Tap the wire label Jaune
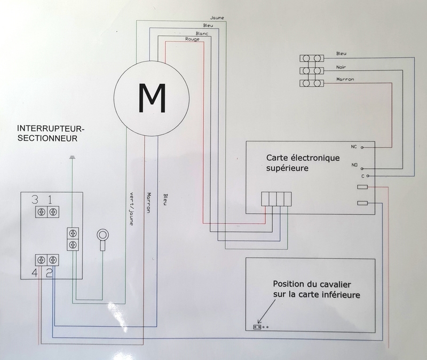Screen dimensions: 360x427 point(217,18)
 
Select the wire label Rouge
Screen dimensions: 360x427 point(192,40)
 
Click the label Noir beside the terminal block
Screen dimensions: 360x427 point(343,67)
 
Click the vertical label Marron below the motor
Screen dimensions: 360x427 point(149,203)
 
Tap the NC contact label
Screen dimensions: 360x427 point(354,146)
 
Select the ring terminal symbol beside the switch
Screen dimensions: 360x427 point(102,235)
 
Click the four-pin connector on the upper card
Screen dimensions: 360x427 point(276,199)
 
